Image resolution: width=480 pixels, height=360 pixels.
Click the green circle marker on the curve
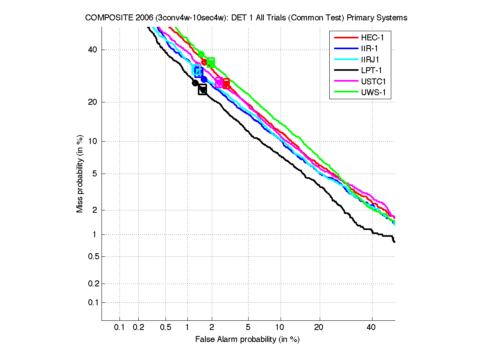pyautogui.click(x=201, y=54)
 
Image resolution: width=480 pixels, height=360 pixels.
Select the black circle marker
pyautogui.click(x=195, y=83)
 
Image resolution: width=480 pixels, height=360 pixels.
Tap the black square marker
pyautogui.click(x=203, y=90)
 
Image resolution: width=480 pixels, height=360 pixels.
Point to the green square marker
pyautogui.click(x=211, y=62)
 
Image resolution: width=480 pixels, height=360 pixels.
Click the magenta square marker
pyautogui.click(x=219, y=82)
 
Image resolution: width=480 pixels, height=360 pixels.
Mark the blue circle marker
pyautogui.click(x=204, y=79)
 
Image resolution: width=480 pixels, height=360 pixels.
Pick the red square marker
pyautogui.click(x=226, y=83)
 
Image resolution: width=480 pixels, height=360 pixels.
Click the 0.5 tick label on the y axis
pyautogui.click(x=92, y=256)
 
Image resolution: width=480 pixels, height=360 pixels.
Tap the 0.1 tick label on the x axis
pyautogui.click(x=120, y=328)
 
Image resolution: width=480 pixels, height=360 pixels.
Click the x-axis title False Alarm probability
pyautogui.click(x=247, y=340)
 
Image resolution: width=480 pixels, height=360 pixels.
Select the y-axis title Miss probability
pyautogui.click(x=80, y=174)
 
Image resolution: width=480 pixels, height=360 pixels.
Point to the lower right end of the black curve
pyautogui.click(x=394, y=242)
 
